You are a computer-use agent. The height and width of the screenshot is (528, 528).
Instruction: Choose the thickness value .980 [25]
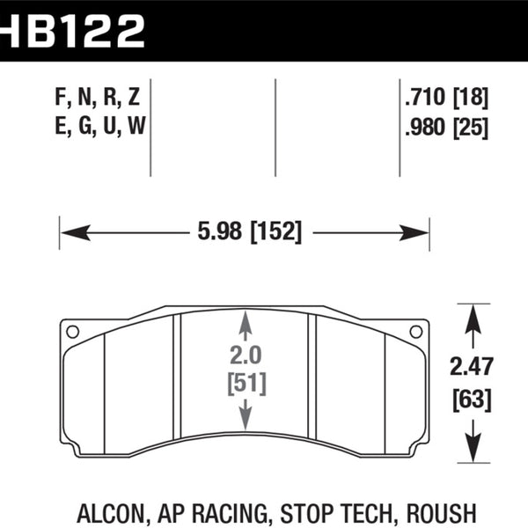[444, 128]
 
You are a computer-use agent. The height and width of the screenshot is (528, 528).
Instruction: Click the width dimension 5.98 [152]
[246, 232]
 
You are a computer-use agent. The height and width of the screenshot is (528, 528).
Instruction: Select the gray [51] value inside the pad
[246, 384]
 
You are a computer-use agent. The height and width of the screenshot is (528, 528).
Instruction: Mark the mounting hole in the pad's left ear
[72, 332]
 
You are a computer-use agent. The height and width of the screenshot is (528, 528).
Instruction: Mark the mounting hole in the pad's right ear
[416, 332]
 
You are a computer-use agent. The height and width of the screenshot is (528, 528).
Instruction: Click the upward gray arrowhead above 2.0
[246, 324]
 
